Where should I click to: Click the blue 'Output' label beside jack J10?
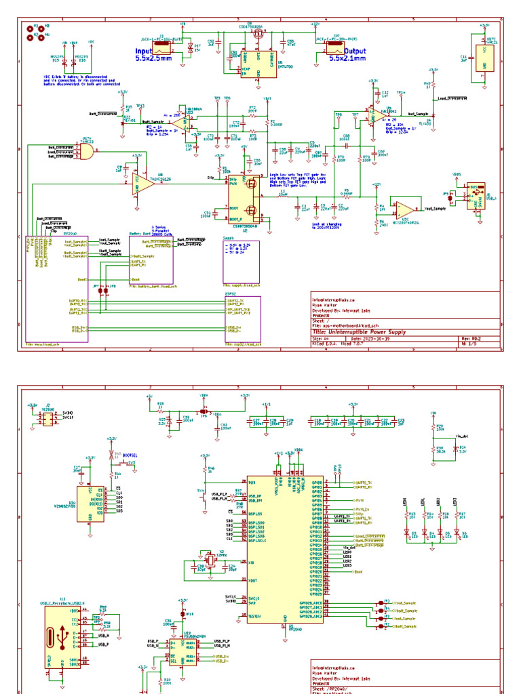pos(339,50)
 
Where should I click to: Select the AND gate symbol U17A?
pos(85,152)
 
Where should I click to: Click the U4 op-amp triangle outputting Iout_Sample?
pos(372,117)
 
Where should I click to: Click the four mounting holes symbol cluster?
pos(34,31)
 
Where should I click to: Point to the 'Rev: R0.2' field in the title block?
pos(471,338)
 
